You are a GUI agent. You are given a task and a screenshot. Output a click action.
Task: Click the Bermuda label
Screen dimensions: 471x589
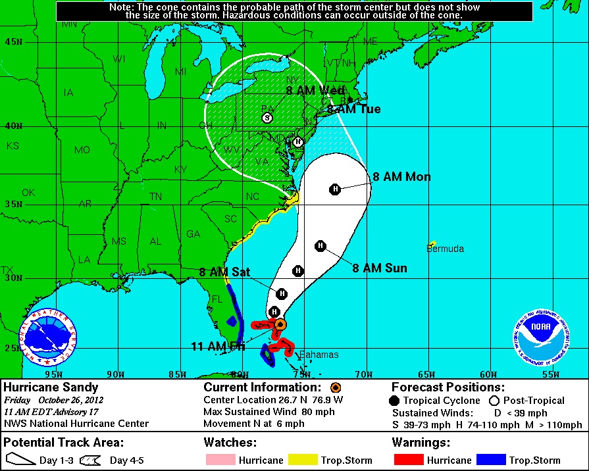446,249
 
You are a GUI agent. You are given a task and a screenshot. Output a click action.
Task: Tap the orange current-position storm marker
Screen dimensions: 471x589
280,324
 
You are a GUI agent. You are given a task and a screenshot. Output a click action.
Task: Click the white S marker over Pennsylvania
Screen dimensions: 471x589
267,118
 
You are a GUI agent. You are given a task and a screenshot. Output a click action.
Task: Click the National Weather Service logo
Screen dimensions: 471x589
49,337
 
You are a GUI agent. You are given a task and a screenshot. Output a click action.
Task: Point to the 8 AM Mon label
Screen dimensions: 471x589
401,176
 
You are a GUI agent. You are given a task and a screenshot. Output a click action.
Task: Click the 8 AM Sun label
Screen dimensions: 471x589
380,268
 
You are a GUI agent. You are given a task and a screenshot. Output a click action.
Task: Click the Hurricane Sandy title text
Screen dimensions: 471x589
51,387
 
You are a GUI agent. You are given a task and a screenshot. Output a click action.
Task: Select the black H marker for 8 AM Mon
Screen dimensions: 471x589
335,189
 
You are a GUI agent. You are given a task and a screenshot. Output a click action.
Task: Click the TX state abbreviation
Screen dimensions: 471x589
7,270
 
